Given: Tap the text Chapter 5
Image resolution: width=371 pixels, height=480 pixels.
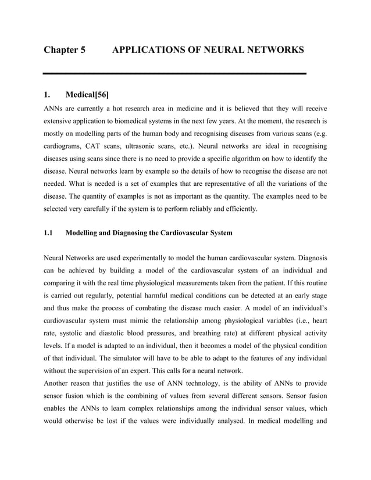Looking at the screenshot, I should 65,50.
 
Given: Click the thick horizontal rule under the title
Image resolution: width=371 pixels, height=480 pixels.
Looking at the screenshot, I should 174,74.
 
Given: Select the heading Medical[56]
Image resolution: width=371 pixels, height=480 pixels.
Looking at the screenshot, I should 87,95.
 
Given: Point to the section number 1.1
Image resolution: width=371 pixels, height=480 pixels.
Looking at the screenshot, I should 49,233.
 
